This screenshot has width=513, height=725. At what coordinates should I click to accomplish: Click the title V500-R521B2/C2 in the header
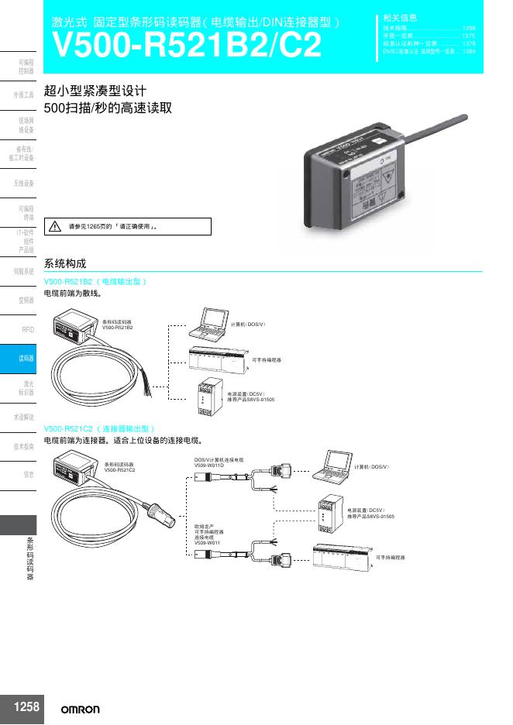[x=186, y=46]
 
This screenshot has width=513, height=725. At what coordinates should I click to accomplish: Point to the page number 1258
[x=26, y=706]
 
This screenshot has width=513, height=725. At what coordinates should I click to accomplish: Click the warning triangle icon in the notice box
[x=55, y=227]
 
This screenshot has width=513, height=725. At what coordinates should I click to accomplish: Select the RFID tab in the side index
[x=28, y=329]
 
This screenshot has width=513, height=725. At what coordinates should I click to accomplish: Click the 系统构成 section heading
[x=66, y=263]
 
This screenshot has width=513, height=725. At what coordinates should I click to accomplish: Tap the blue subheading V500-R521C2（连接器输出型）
[x=101, y=428]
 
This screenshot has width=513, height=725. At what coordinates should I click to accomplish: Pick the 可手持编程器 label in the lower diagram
[x=391, y=557]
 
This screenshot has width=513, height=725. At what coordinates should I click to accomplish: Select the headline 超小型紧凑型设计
[x=96, y=91]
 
